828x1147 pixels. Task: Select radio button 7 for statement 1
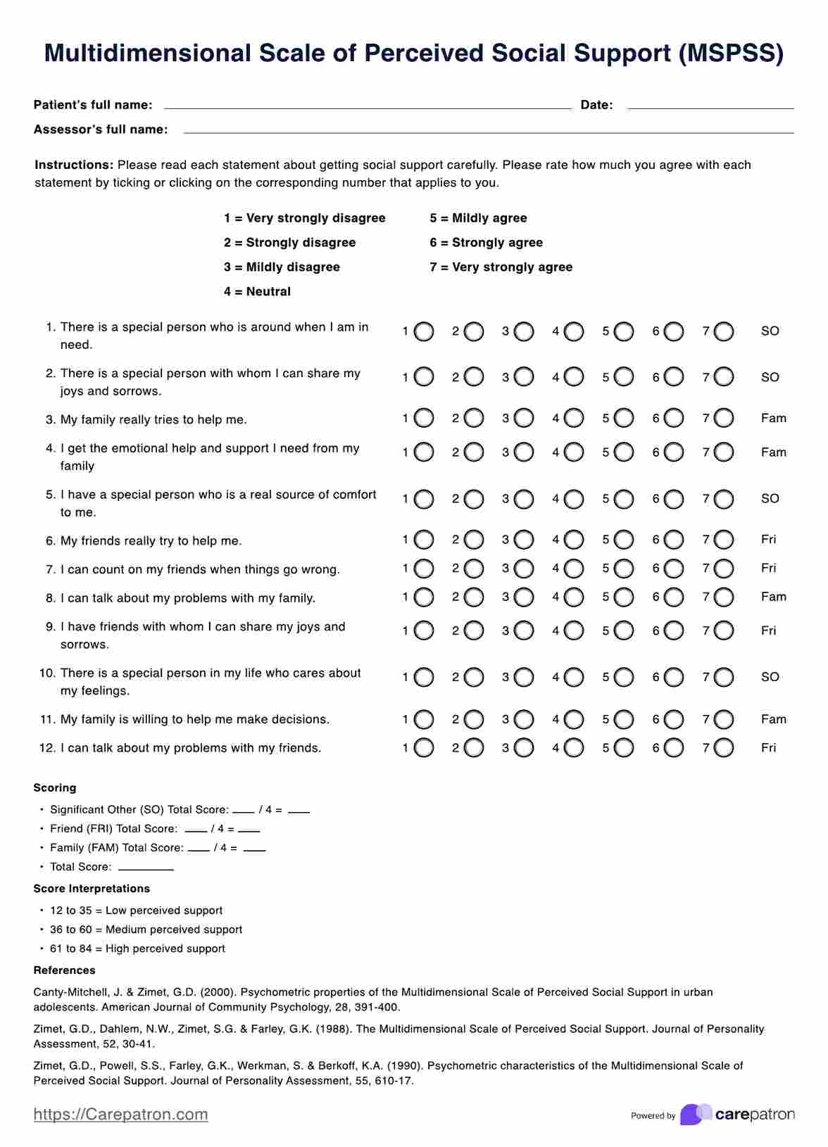[x=724, y=331]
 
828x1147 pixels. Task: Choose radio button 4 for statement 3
[x=574, y=419]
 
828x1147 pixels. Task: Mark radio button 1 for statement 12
[x=424, y=748]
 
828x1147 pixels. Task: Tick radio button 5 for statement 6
[x=624, y=540]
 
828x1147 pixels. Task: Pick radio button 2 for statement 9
[x=474, y=631]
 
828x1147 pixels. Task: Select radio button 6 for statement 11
[x=674, y=720]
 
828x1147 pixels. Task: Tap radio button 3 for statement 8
[x=524, y=597]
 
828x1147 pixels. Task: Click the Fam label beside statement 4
[x=773, y=452]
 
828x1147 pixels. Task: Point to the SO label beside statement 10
[x=770, y=677]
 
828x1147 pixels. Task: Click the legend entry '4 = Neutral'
[x=257, y=292]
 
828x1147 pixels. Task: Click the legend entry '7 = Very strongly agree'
[x=501, y=267]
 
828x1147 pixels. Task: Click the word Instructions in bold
[x=74, y=165]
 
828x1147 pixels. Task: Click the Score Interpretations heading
[x=92, y=889]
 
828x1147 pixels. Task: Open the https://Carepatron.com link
[x=120, y=1115]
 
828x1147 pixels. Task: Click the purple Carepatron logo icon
[x=696, y=1115]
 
